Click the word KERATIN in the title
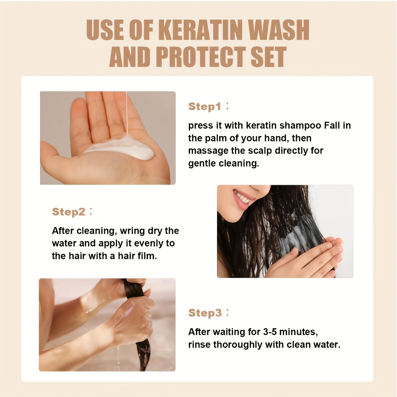tap(201, 30)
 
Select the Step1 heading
tap(205, 107)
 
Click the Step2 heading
tap(69, 212)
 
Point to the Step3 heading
tap(205, 313)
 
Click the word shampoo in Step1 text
tap(300, 126)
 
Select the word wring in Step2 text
tap(132, 231)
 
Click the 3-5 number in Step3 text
tap(270, 332)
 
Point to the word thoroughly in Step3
tap(238, 345)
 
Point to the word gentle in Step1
tap(202, 163)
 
